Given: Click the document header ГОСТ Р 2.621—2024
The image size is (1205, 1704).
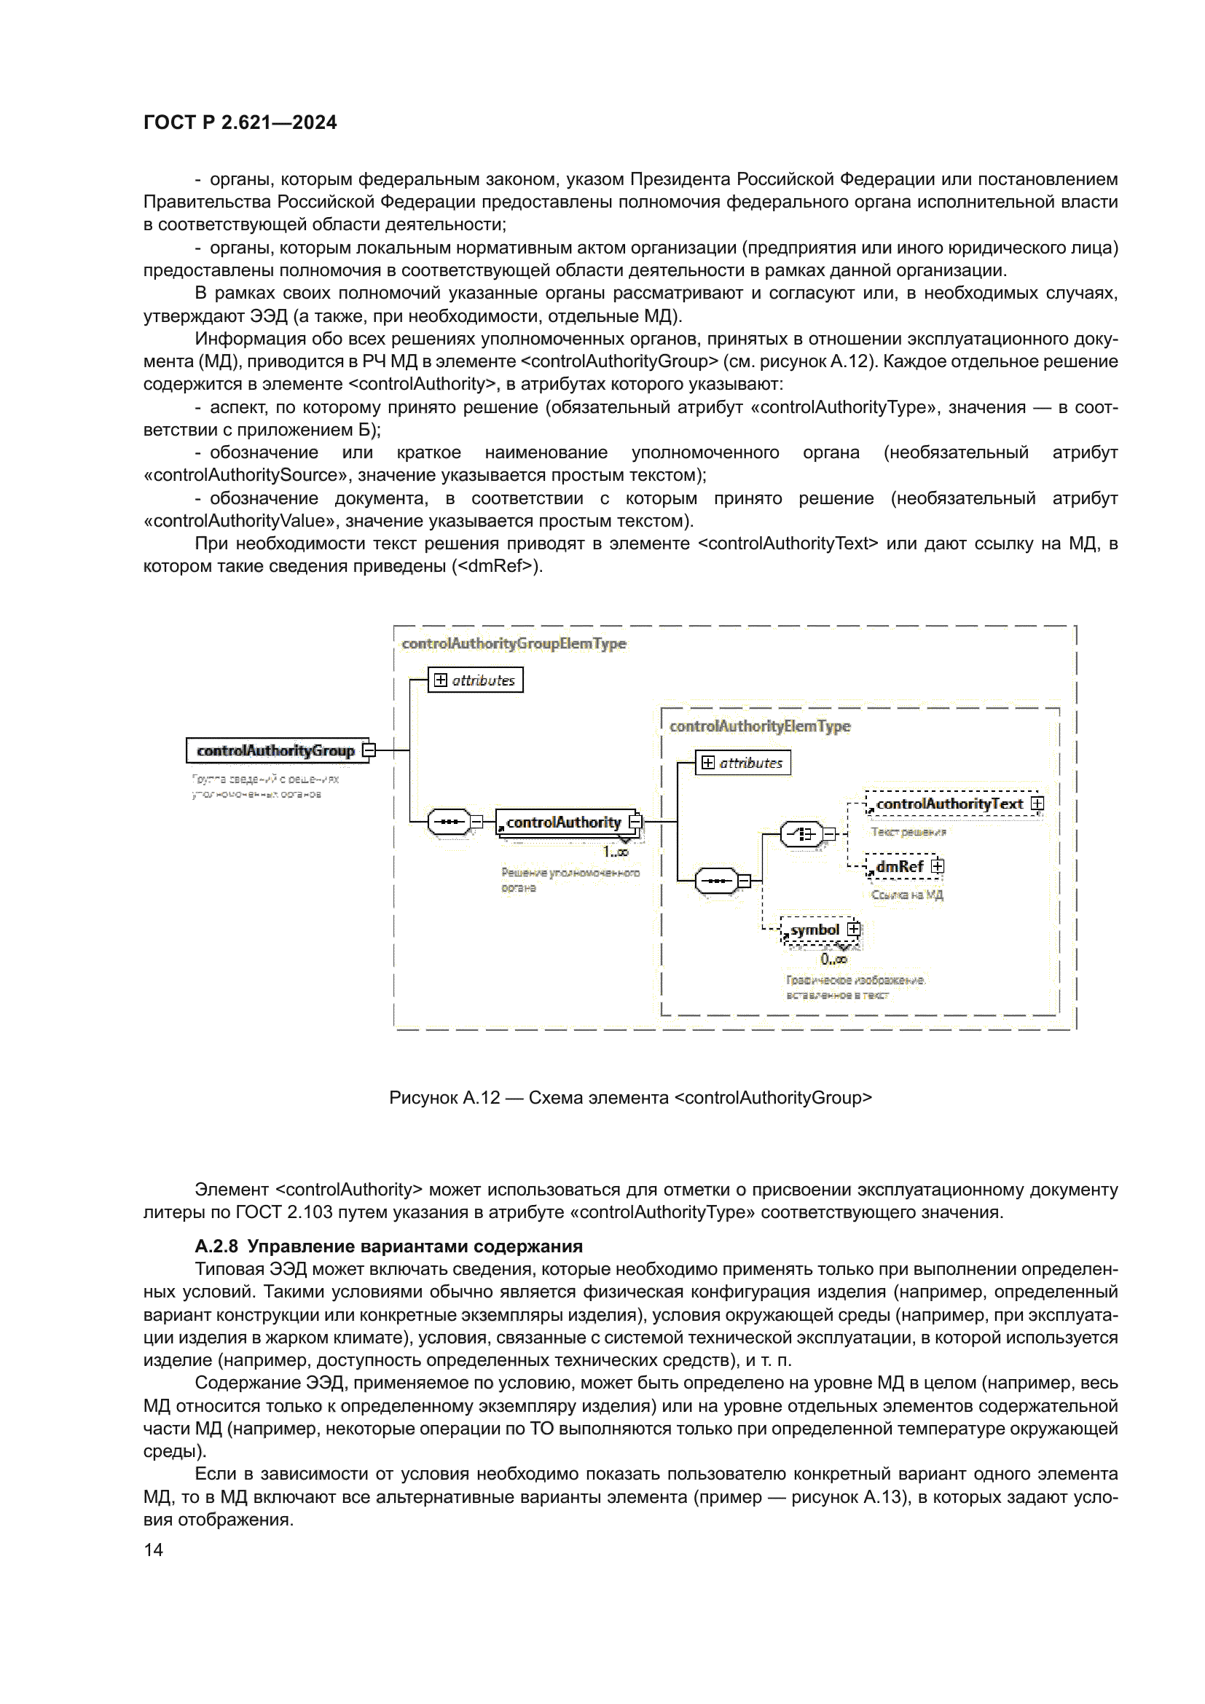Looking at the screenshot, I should (240, 122).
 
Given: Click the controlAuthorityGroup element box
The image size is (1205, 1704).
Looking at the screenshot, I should (276, 750).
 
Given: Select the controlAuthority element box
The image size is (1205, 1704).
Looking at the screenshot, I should (564, 822).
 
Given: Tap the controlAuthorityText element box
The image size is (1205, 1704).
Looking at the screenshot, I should (950, 804).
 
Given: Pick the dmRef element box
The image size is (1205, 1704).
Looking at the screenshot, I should (899, 866).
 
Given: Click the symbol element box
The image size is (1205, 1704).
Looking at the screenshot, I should (815, 930).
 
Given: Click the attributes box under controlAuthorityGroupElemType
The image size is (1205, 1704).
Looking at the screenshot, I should (476, 680).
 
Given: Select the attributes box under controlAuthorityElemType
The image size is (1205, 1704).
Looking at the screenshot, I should (742, 763).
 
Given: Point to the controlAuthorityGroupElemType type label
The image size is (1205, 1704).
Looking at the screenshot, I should (514, 643).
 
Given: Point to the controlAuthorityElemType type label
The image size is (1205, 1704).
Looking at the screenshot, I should (760, 726).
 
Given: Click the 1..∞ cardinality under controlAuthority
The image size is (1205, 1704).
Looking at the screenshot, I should (615, 852).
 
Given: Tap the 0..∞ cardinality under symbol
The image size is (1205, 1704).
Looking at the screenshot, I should (833, 959).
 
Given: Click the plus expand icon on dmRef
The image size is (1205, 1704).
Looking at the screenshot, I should (938, 866).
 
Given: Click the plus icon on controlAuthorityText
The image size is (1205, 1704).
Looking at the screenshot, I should (1037, 804).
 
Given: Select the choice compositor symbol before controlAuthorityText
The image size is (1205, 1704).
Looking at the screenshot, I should (802, 834).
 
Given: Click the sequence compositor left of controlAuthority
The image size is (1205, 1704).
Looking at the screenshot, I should (449, 822).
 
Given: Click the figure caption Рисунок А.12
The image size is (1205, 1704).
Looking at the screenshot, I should (630, 1098).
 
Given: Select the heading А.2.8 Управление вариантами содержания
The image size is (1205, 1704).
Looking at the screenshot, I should (389, 1246).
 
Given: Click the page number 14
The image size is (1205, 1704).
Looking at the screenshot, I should (154, 1550).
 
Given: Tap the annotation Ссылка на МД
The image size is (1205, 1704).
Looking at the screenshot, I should (907, 895).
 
